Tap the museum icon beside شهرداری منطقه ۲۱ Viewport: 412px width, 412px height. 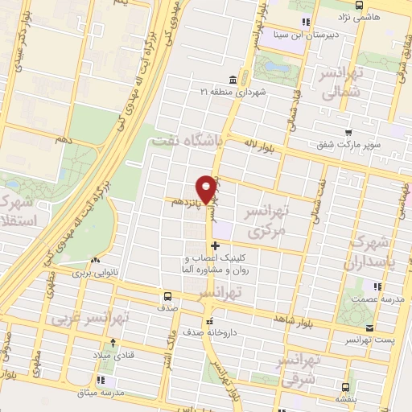(x=233, y=80)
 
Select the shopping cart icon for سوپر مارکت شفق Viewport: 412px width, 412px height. (x=348, y=134)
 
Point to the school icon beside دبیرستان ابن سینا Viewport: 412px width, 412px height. (x=304, y=22)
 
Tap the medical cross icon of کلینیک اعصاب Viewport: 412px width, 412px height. (x=214, y=244)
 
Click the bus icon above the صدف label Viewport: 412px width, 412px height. (x=167, y=295)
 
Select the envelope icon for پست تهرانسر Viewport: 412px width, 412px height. (x=369, y=328)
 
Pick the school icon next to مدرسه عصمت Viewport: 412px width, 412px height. (x=377, y=286)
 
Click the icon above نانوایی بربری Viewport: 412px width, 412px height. (x=97, y=261)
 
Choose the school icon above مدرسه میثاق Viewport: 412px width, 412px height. (x=102, y=379)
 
